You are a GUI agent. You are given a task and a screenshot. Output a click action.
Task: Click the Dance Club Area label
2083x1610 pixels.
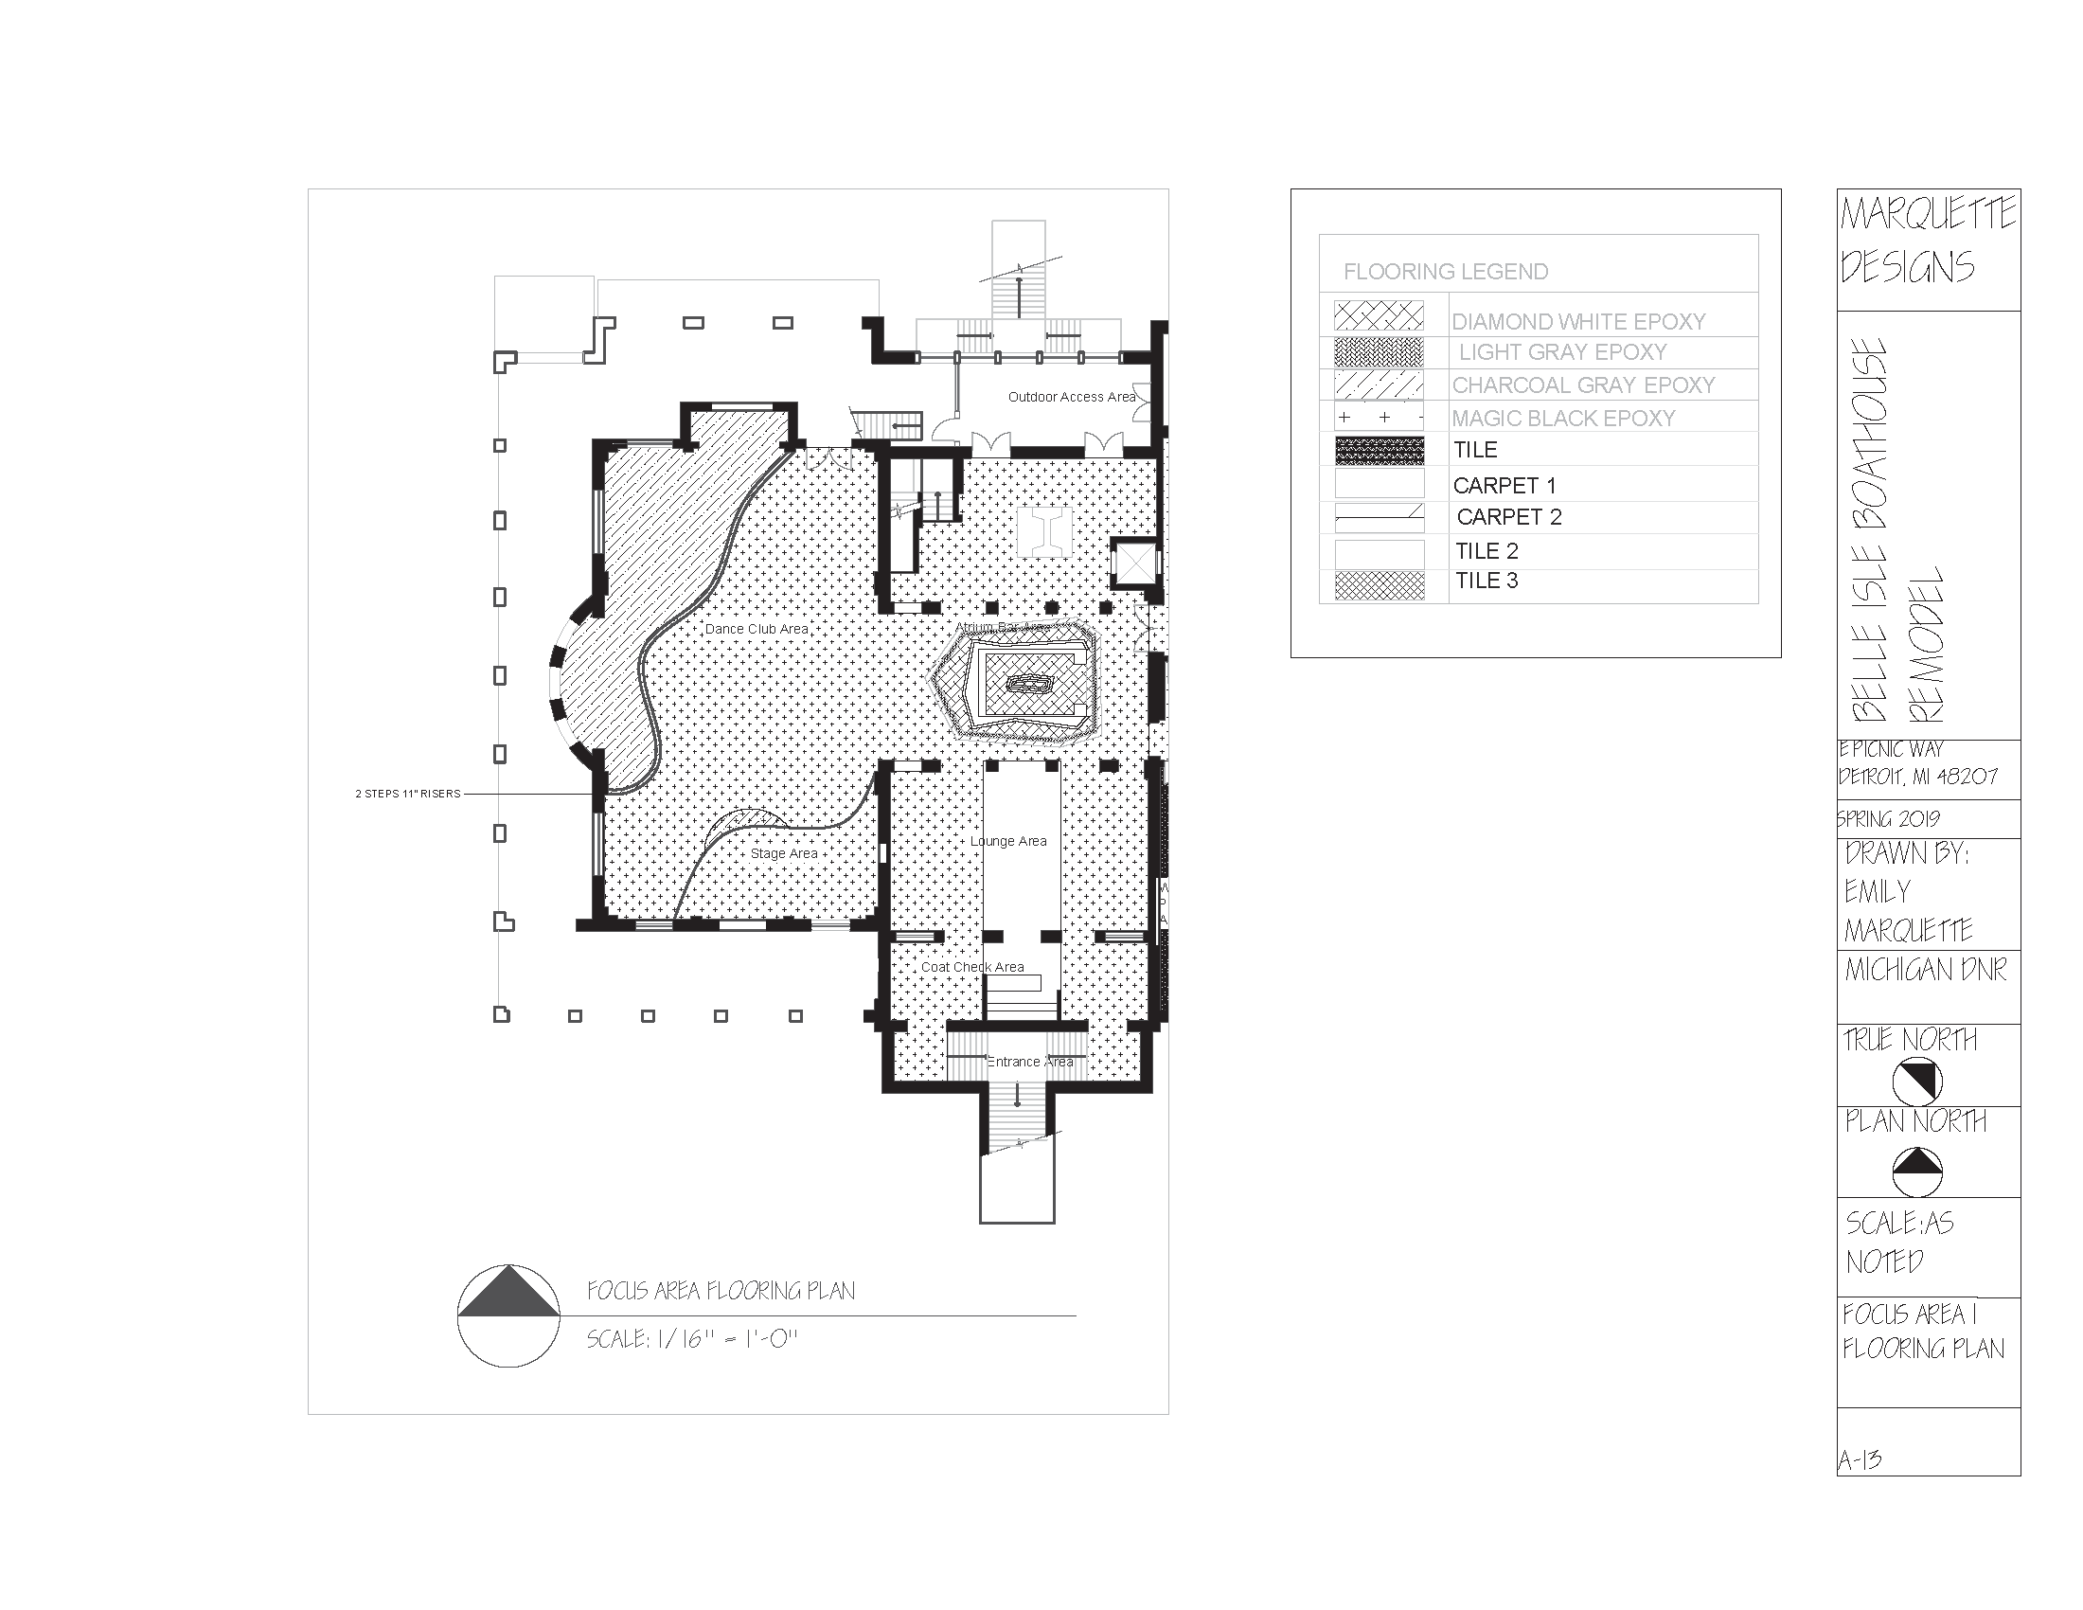pos(757,630)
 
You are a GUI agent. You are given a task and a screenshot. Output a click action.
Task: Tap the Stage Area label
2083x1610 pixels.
pos(784,853)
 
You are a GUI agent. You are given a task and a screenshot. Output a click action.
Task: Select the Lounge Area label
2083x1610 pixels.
pos(1008,841)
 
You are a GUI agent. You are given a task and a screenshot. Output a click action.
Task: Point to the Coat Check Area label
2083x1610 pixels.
pos(971,967)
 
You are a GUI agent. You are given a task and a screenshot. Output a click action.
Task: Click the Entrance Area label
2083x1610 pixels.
pos(1029,1062)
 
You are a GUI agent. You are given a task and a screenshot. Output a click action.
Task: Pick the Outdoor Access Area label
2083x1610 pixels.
pos(1071,397)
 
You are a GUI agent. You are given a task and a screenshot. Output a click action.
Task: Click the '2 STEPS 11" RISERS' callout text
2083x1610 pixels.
pos(407,794)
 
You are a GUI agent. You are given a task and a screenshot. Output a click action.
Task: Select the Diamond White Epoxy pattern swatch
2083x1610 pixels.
pos(1379,316)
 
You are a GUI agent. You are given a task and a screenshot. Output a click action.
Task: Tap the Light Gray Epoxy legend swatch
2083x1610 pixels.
pos(1379,352)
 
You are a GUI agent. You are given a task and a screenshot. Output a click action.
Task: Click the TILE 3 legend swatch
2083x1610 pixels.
pos(1379,584)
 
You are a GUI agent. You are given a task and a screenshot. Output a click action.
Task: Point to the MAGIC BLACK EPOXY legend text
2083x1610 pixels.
pos(1562,418)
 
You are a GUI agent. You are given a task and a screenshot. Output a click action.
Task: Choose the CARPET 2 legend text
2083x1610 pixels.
pos(1509,517)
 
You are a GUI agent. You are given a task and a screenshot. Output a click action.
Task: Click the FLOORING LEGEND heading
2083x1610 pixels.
pos(1445,272)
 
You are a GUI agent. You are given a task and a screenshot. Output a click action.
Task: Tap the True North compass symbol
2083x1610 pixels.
pos(1917,1081)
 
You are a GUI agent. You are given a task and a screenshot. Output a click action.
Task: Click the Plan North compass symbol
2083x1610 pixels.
pos(1917,1172)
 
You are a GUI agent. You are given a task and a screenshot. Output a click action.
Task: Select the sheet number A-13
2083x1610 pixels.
pos(1860,1459)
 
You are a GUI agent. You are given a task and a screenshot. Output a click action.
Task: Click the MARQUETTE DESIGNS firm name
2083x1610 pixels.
pos(1927,241)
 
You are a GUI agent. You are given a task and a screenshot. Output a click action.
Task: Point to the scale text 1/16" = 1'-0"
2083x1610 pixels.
pos(691,1339)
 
